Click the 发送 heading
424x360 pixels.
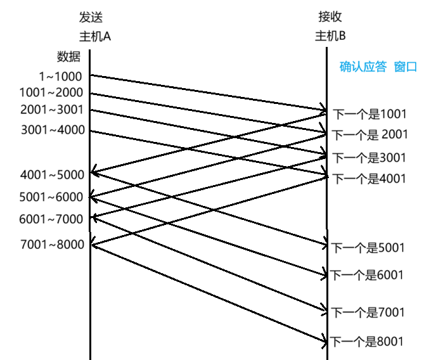pyautogui.click(x=91, y=17)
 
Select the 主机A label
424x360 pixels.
pyautogui.click(x=94, y=36)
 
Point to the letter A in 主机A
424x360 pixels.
pyautogui.click(x=107, y=36)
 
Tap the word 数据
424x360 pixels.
pyautogui.click(x=68, y=56)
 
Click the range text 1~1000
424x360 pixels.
pyautogui.click(x=60, y=77)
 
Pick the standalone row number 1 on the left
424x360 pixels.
pyautogui.click(x=22, y=93)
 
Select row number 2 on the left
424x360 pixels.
pyautogui.click(x=22, y=109)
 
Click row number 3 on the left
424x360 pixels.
pyautogui.click(x=23, y=129)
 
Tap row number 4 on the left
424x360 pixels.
pyautogui.click(x=23, y=174)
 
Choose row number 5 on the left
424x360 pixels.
pyautogui.click(x=22, y=196)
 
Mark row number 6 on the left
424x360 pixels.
pyautogui.click(x=22, y=219)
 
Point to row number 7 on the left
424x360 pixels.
pyautogui.click(x=23, y=244)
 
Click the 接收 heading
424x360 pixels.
pyautogui.click(x=330, y=17)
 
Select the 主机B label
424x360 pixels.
pyautogui.click(x=330, y=36)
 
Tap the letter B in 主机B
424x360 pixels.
pyautogui.click(x=342, y=36)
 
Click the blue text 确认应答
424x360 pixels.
pyautogui.click(x=363, y=67)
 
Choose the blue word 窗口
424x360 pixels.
pyautogui.click(x=406, y=67)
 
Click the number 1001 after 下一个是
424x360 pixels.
pyautogui.click(x=394, y=115)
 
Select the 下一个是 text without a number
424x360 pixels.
pyautogui.click(x=355, y=135)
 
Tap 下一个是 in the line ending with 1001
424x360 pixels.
pyautogui.click(x=356, y=115)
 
